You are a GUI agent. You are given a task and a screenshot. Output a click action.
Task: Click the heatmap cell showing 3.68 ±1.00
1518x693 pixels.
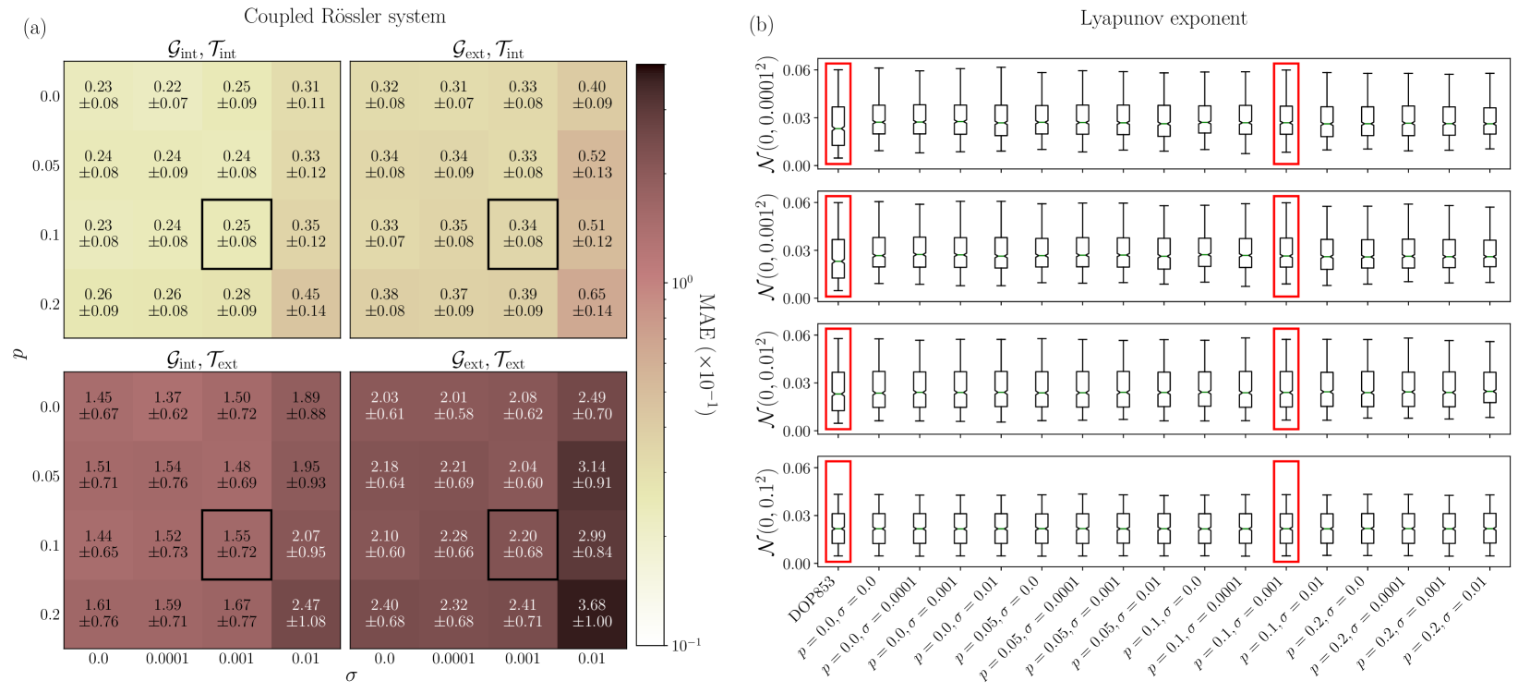[592, 614]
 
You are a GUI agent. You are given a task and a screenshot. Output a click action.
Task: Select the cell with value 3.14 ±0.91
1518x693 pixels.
[592, 475]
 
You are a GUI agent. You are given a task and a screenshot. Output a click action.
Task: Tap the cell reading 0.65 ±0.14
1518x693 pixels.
[592, 303]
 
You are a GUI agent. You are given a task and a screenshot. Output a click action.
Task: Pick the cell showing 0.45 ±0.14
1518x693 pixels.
[306, 303]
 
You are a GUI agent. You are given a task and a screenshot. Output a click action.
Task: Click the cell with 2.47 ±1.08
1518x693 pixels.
[306, 614]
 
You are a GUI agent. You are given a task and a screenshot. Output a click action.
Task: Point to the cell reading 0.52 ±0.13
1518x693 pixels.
[592, 164]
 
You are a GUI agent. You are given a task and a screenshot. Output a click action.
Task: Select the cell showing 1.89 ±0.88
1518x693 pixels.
[306, 406]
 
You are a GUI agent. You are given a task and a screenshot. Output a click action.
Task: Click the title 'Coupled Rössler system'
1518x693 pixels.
[344, 17]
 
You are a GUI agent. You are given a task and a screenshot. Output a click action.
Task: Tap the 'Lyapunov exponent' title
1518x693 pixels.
[1163, 18]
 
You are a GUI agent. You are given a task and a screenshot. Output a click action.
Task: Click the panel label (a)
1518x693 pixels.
[35, 27]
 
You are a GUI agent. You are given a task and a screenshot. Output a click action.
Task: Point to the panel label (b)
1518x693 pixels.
[762, 25]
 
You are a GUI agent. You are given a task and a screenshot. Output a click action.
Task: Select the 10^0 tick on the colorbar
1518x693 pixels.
[681, 283]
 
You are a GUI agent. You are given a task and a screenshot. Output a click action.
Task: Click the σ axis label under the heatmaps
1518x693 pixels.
[351, 675]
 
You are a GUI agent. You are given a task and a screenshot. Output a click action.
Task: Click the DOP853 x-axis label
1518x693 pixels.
[813, 599]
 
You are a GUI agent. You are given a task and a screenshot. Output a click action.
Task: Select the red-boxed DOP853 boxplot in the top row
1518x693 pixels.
[837, 114]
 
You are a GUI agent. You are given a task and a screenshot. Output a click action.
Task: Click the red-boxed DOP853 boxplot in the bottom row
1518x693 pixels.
[837, 511]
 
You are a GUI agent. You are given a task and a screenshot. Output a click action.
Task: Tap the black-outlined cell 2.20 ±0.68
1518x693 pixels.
[523, 544]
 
